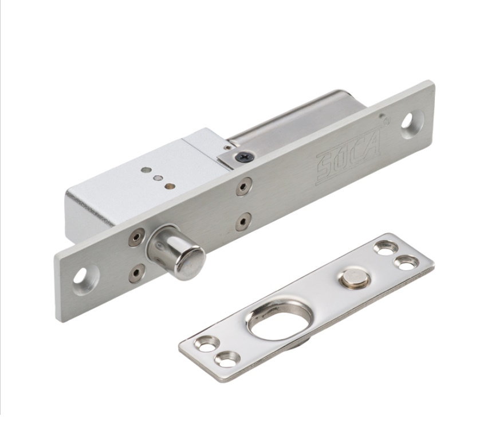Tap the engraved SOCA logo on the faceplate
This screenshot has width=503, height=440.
point(348,157)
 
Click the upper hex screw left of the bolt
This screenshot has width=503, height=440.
point(137,237)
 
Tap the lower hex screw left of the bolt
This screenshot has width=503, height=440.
point(137,273)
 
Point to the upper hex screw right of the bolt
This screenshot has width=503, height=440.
point(244,186)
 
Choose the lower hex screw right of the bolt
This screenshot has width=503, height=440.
point(244,222)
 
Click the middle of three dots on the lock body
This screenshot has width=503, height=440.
point(157,178)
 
